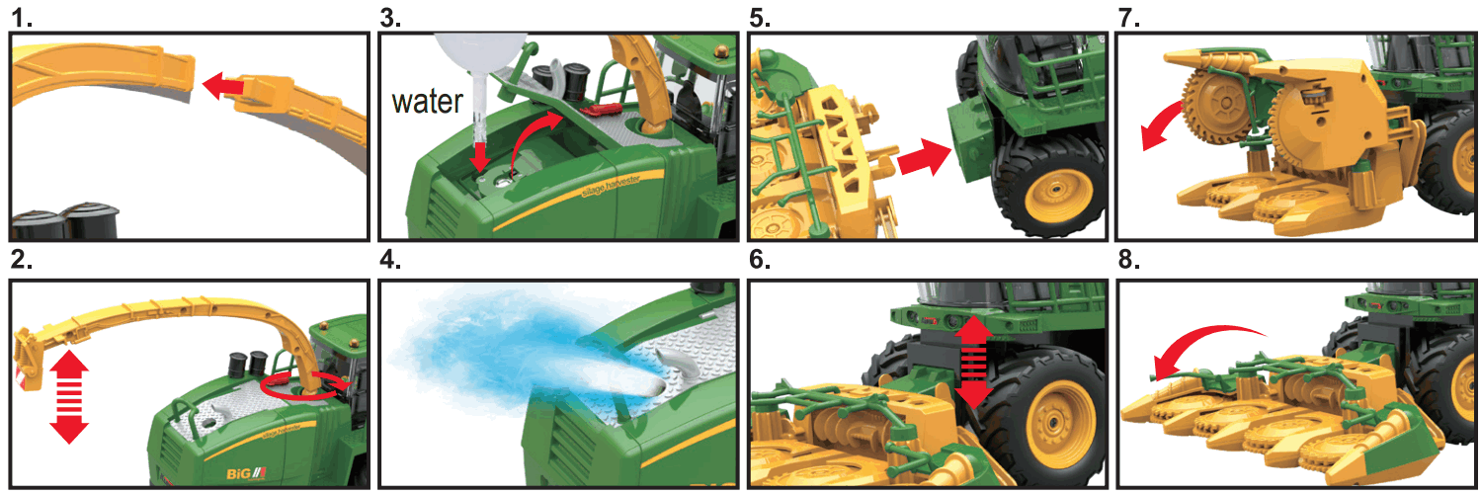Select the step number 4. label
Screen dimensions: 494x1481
point(392,263)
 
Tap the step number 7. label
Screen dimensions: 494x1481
point(1128,17)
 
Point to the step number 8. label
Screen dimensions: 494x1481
point(1128,263)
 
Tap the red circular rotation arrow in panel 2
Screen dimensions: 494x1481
point(305,383)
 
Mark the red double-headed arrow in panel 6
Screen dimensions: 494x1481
point(974,363)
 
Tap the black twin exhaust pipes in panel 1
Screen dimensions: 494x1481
point(64,224)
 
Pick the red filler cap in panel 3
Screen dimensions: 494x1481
point(602,110)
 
